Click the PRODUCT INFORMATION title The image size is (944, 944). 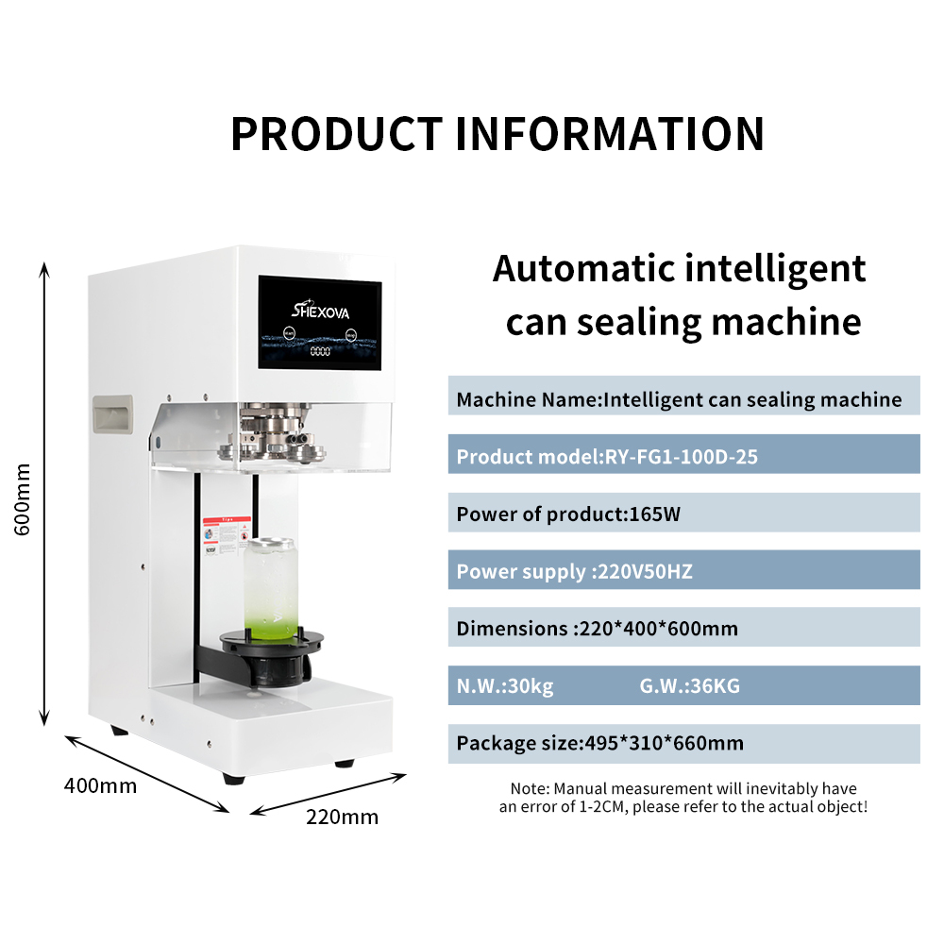(x=497, y=134)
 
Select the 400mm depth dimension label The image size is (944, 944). (x=100, y=785)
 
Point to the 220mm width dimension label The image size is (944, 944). (x=342, y=817)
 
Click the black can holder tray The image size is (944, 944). (x=266, y=652)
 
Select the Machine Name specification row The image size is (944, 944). (x=683, y=399)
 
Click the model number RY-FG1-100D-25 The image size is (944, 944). (x=680, y=458)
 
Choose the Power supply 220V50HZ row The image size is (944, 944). (x=683, y=572)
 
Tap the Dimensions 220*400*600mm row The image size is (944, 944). (x=683, y=629)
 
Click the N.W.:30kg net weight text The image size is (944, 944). (x=505, y=686)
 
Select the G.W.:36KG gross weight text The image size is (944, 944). (x=689, y=686)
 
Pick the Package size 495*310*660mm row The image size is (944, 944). (x=683, y=744)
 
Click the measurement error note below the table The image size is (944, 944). (x=683, y=798)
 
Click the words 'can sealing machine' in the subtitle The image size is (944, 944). (x=683, y=322)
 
